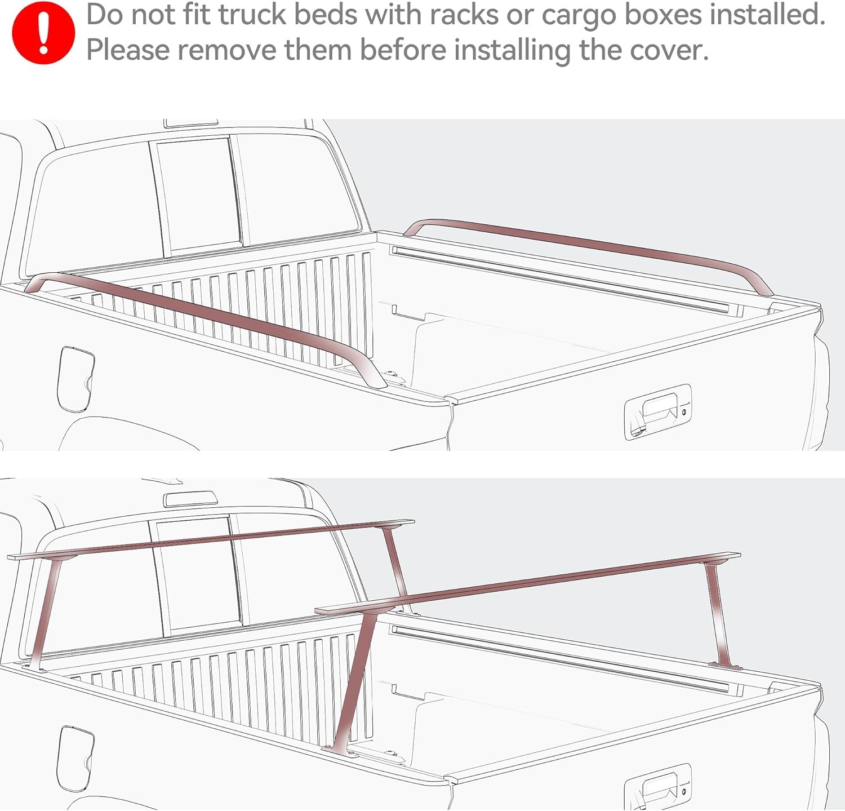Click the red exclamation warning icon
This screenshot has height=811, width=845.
point(43,33)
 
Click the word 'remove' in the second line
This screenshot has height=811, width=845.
point(227,50)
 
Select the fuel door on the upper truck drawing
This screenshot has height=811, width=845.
point(75,378)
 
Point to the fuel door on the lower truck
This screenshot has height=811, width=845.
point(75,758)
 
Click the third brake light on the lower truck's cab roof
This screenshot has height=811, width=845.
point(190,498)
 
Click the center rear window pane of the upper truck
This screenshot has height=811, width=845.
point(197,194)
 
